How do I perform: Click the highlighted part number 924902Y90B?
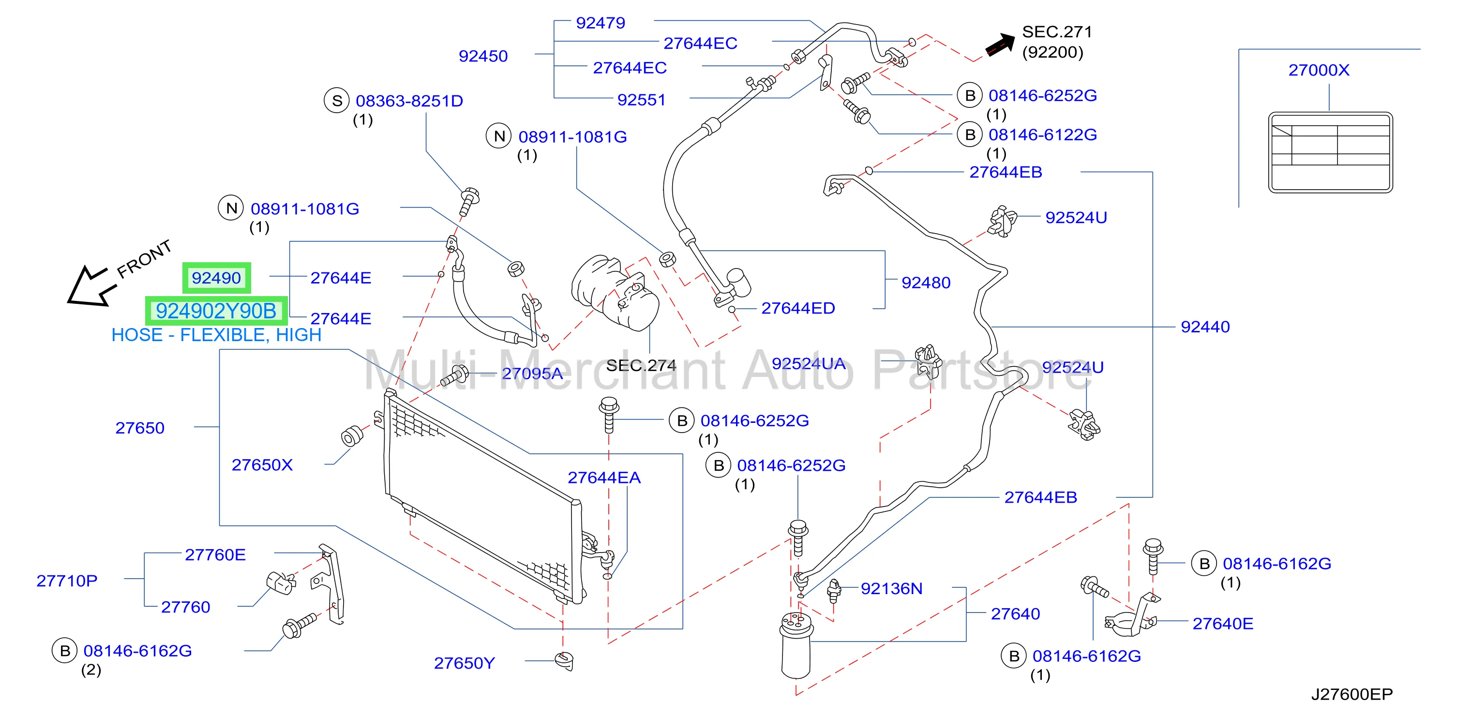pyautogui.click(x=216, y=311)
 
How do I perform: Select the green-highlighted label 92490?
pyautogui.click(x=216, y=278)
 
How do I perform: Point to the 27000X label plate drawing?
pyautogui.click(x=1330, y=152)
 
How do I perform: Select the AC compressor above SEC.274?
pyautogui.click(x=616, y=292)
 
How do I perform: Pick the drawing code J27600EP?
pyautogui.click(x=1352, y=694)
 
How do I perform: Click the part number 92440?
pyautogui.click(x=1205, y=327)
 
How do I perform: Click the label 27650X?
pyautogui.click(x=262, y=465)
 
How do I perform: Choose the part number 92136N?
pyautogui.click(x=891, y=588)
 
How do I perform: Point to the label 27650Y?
pyautogui.click(x=465, y=663)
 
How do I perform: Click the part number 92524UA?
pyautogui.click(x=809, y=363)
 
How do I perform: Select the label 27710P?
pyautogui.click(x=67, y=581)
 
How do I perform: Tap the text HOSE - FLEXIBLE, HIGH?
pyautogui.click(x=216, y=335)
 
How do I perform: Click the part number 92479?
pyautogui.click(x=601, y=23)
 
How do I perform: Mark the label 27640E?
pyautogui.click(x=1223, y=624)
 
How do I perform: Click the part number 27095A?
pyautogui.click(x=532, y=373)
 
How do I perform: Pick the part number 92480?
pyautogui.click(x=926, y=283)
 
